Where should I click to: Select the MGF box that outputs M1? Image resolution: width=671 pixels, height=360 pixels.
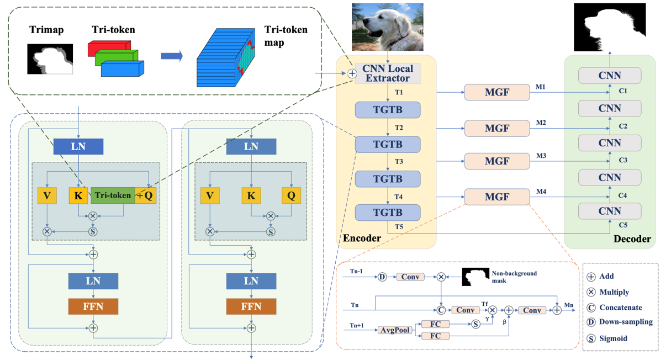(496, 92)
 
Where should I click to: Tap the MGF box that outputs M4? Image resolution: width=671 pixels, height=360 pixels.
(496, 197)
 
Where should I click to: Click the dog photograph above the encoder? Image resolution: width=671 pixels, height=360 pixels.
(388, 27)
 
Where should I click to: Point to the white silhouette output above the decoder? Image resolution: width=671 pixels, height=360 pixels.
(609, 27)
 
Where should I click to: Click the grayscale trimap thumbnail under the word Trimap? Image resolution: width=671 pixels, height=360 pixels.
(50, 60)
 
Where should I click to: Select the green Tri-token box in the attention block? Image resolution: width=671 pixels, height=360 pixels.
(113, 195)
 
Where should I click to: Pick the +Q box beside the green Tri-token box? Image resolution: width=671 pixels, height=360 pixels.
(146, 195)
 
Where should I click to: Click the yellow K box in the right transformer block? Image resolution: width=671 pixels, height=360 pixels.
(251, 195)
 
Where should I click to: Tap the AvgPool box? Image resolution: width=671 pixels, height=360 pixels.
(395, 330)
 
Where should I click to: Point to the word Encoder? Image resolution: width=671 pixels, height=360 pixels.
(362, 238)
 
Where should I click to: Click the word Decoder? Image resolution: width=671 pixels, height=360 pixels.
(632, 239)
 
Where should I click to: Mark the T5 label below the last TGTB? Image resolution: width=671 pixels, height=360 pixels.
(398, 226)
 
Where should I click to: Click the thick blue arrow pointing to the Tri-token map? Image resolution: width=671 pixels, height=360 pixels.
(172, 56)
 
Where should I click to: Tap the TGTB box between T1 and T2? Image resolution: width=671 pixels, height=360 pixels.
(388, 110)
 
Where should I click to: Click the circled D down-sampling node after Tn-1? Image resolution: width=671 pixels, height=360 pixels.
(382, 277)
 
